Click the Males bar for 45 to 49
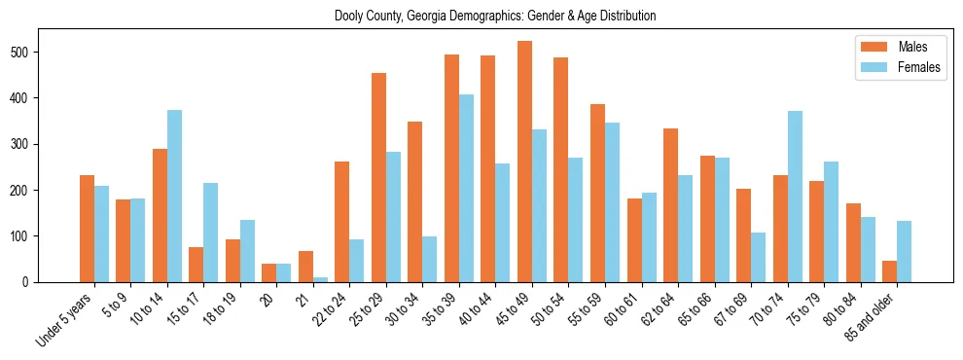(x=524, y=162)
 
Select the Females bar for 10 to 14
(x=174, y=196)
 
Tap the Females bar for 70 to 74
(x=795, y=197)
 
